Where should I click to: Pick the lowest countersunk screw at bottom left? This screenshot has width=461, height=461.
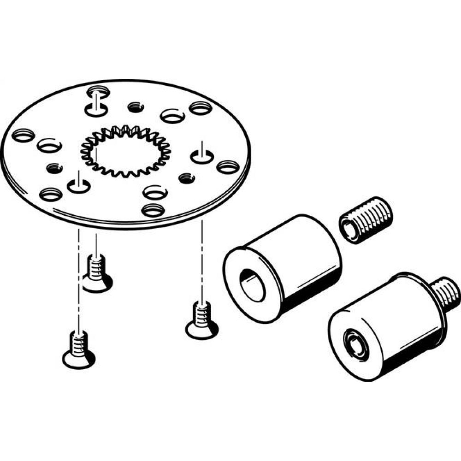(78, 350)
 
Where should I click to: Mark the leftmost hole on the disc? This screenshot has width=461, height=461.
(24, 136)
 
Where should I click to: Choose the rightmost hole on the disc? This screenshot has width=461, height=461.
(227, 167)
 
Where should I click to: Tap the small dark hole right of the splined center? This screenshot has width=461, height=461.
(187, 178)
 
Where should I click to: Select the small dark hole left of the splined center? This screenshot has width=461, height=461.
(54, 167)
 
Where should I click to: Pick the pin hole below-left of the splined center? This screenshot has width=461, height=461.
(79, 186)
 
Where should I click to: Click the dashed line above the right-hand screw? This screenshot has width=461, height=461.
(201, 258)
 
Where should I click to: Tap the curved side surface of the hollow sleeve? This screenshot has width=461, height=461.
(300, 258)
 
